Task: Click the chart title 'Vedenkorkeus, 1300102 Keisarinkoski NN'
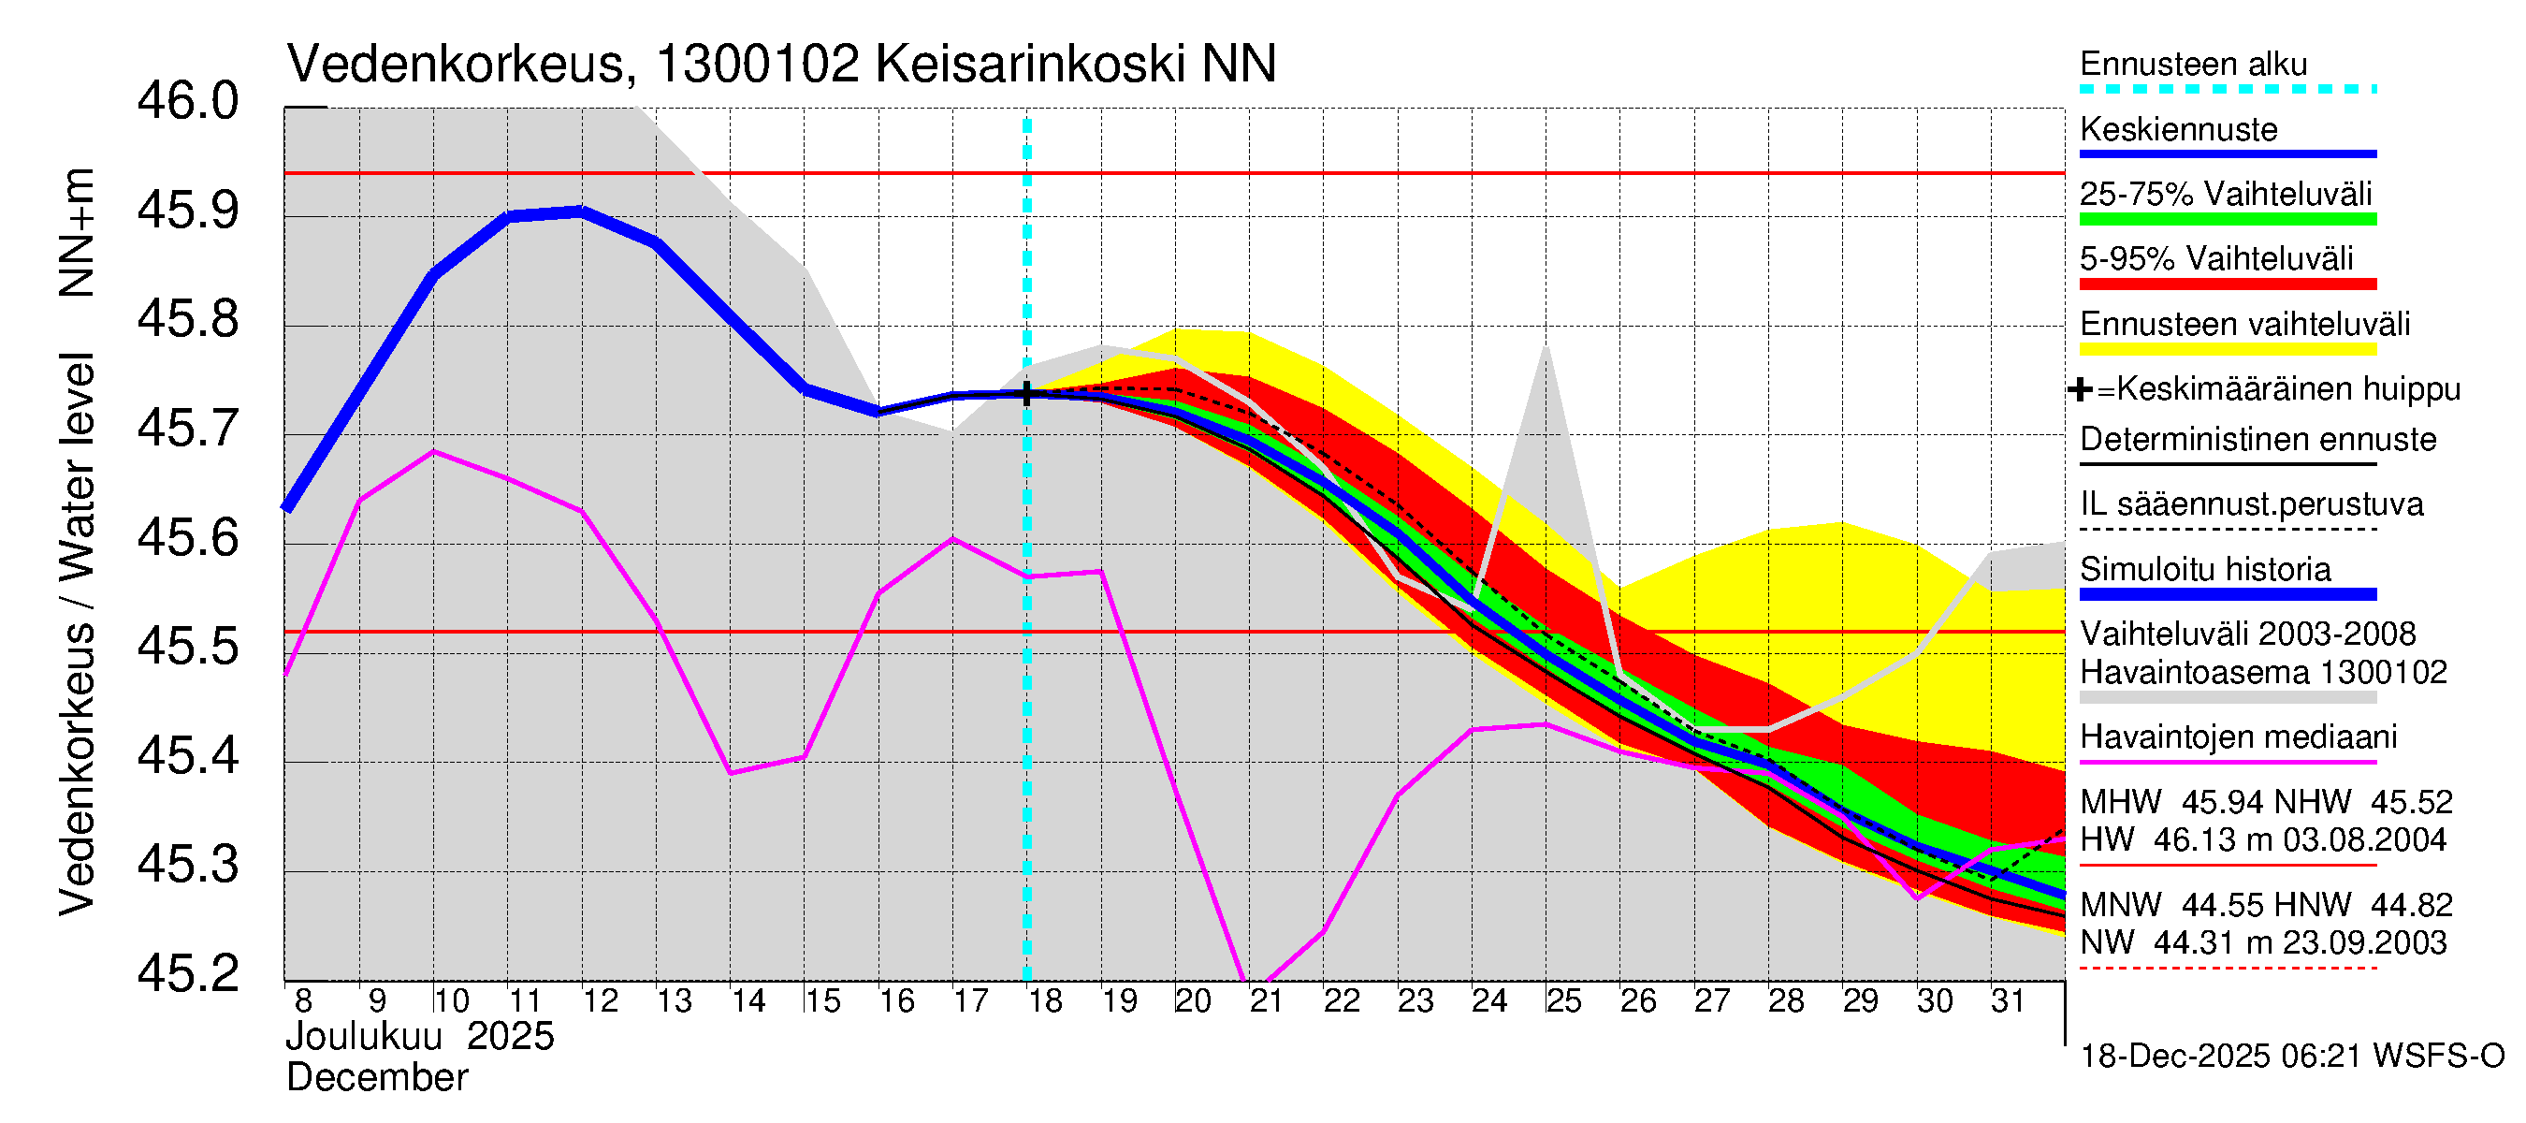(x=780, y=65)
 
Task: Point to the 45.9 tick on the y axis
(x=187, y=211)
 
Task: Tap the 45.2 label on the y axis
(x=187, y=973)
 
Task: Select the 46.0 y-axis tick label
(x=187, y=102)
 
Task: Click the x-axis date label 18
(x=1045, y=1001)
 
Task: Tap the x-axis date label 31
(x=2009, y=1001)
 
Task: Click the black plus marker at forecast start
(x=1026, y=393)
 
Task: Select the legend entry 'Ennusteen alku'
(x=2193, y=65)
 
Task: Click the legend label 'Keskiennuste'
(x=2178, y=129)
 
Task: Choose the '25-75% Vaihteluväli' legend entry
(x=2225, y=195)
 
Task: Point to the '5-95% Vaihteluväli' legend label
(x=2215, y=259)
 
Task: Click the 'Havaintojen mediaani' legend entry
(x=2238, y=737)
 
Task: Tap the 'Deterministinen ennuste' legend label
(x=2257, y=440)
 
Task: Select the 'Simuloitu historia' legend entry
(x=2204, y=569)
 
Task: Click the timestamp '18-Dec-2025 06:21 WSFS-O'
(x=2291, y=1057)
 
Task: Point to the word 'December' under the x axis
(x=376, y=1078)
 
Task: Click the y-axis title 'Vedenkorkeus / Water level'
(x=77, y=634)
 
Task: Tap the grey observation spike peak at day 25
(x=1546, y=348)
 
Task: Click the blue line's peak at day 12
(x=582, y=211)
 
